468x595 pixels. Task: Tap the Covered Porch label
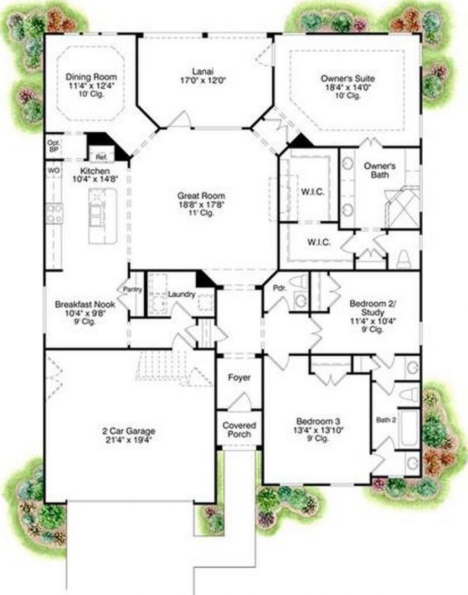(239, 429)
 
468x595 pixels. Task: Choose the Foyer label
(239, 378)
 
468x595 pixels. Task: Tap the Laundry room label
(181, 295)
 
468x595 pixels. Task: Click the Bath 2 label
(385, 419)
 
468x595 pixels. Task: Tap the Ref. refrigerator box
(101, 157)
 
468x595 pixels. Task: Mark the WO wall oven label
(53, 170)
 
